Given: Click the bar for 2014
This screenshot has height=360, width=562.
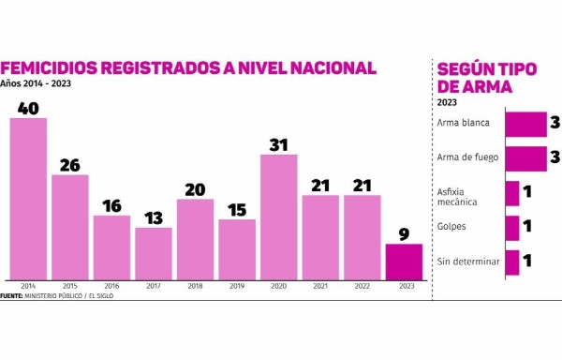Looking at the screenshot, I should pos(28,198).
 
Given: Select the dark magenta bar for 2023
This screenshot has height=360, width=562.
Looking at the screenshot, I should pos(404,262).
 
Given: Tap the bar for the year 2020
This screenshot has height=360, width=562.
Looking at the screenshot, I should pos(278,217).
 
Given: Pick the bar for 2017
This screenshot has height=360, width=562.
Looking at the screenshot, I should pos(154,253).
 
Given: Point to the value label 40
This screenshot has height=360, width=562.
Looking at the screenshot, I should pos(28,108).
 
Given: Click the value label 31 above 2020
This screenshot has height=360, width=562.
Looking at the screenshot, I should pos(278,144).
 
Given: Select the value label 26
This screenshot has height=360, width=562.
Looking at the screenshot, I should pos(70,165).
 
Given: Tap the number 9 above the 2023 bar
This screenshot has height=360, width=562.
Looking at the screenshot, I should pos(404,234).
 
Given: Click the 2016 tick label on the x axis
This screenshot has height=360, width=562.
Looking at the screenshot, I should pos(111,286).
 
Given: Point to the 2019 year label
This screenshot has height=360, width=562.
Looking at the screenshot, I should pos(237,286).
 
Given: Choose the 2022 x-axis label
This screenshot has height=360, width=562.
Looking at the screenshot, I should pos(362,286).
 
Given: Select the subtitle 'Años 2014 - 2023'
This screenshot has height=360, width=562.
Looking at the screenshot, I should pos(36,84).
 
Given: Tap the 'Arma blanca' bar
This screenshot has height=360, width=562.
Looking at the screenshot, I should pos(525,124).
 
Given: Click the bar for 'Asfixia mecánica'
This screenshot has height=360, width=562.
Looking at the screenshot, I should pos(511,193).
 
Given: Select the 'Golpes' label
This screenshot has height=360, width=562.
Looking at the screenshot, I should pos(451,227).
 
